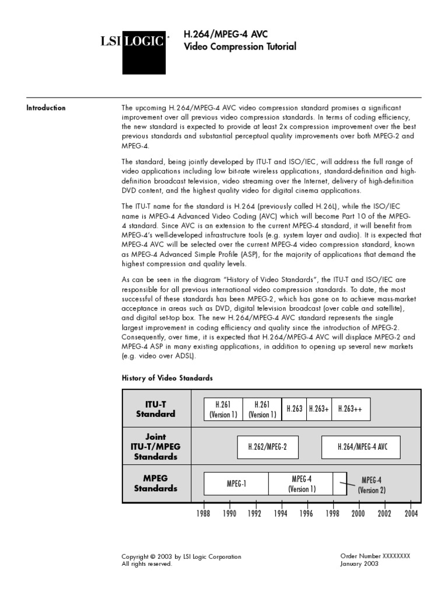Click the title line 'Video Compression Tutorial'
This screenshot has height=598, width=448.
tap(232, 47)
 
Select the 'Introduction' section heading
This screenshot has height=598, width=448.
tap(46, 107)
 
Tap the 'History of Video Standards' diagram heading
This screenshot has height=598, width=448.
tap(167, 378)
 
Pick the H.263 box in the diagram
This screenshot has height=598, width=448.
tap(294, 409)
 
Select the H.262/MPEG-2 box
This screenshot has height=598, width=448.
tap(268, 447)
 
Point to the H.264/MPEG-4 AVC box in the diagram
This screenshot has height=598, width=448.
tap(362, 447)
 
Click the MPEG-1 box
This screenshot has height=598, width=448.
tap(236, 484)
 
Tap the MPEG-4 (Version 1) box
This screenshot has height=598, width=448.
tap(301, 484)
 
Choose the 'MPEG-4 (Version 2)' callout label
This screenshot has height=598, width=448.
tap(372, 485)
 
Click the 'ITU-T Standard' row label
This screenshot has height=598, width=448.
tap(156, 409)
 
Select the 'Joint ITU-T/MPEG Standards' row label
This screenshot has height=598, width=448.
tap(156, 446)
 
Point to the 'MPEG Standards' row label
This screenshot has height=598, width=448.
tap(156, 483)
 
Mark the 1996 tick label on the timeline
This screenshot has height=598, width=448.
tap(306, 513)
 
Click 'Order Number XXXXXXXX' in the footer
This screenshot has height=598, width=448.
tap(375, 556)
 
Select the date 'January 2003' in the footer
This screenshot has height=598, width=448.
tap(359, 564)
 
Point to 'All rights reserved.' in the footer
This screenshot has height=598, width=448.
tap(147, 564)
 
